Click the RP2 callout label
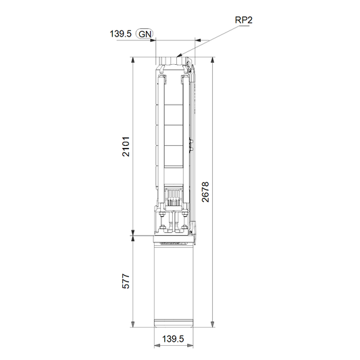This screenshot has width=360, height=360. pos(244,20)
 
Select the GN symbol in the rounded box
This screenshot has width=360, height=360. pos(145,34)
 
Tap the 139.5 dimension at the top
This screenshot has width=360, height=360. pos(120,34)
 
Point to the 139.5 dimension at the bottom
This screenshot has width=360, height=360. pos(173,339)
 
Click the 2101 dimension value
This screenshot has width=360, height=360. pos(126,147)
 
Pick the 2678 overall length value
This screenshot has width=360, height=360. pos(205,192)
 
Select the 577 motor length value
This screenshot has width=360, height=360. pos(126,281)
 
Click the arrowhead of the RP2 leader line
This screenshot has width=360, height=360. pos(179,55)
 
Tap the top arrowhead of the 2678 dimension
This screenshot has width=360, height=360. pos(213,59)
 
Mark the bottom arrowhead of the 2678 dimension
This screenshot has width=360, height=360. pos(213,324)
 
